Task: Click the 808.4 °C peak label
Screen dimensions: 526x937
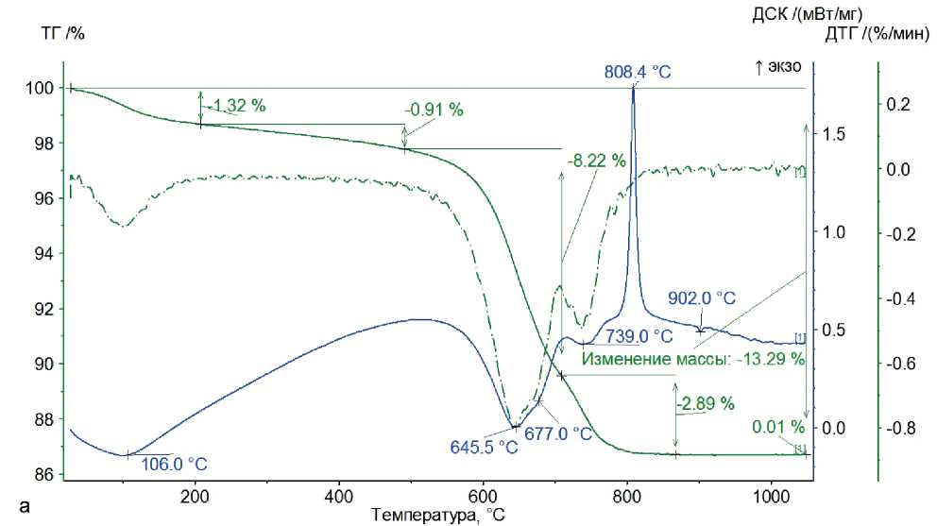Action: tap(638, 71)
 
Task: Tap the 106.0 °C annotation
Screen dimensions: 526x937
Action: tap(174, 464)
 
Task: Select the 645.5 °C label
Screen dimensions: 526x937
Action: tap(483, 447)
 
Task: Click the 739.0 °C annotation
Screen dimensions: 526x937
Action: tap(639, 336)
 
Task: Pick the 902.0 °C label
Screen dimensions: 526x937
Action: tap(702, 297)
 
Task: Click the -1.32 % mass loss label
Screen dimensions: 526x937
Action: tap(236, 105)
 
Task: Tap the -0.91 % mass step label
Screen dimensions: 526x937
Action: tap(434, 110)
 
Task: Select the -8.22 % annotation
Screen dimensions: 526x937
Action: tap(596, 161)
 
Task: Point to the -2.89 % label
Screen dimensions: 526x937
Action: tap(706, 403)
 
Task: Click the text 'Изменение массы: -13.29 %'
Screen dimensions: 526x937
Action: tap(692, 359)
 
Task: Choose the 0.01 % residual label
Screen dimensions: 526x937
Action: tap(777, 427)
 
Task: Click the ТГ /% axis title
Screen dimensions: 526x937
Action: tap(63, 34)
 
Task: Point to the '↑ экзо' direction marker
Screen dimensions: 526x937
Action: tap(777, 66)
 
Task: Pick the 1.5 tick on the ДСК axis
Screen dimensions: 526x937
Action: tap(832, 134)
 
